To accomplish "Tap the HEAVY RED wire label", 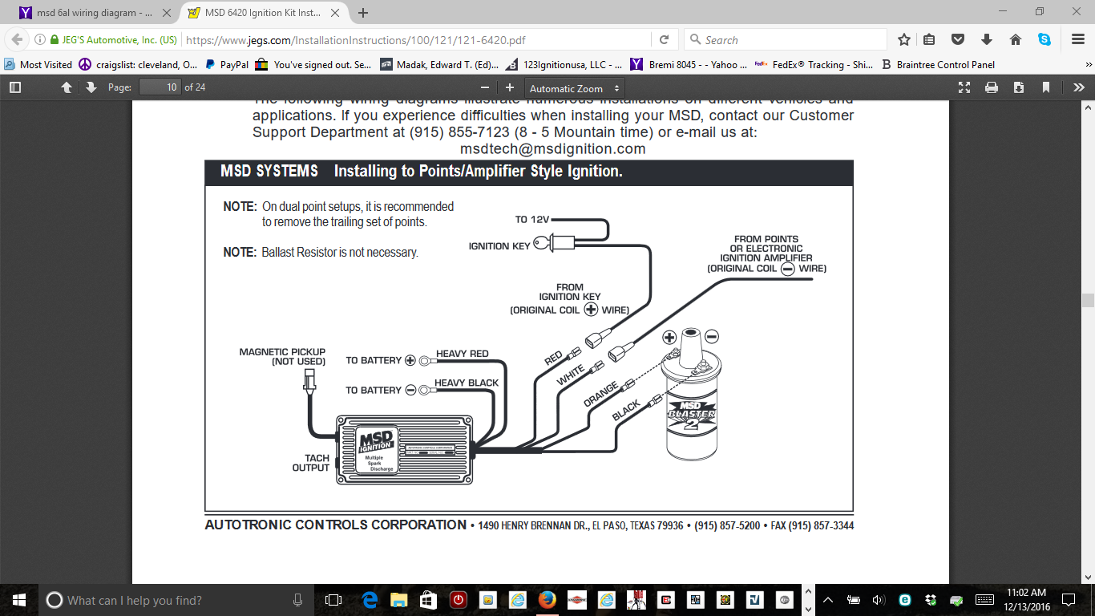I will (x=462, y=354).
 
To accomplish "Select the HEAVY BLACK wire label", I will (x=467, y=383).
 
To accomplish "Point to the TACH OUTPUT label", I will (x=311, y=463).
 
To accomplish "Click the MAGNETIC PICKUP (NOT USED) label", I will (x=282, y=356).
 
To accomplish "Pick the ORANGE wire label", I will (x=600, y=394).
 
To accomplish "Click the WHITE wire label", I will (x=571, y=375).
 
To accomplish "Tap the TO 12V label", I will (x=532, y=220).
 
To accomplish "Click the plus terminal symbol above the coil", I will (x=669, y=338).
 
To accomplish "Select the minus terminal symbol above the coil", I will (x=712, y=336).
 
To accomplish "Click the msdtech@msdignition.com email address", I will (x=552, y=148).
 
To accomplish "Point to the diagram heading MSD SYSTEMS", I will (x=269, y=172).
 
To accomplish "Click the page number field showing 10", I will (x=160, y=87).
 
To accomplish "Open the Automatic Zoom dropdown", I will (x=574, y=88).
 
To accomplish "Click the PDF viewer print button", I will (x=992, y=87).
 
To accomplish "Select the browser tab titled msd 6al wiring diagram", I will (x=86, y=13).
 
